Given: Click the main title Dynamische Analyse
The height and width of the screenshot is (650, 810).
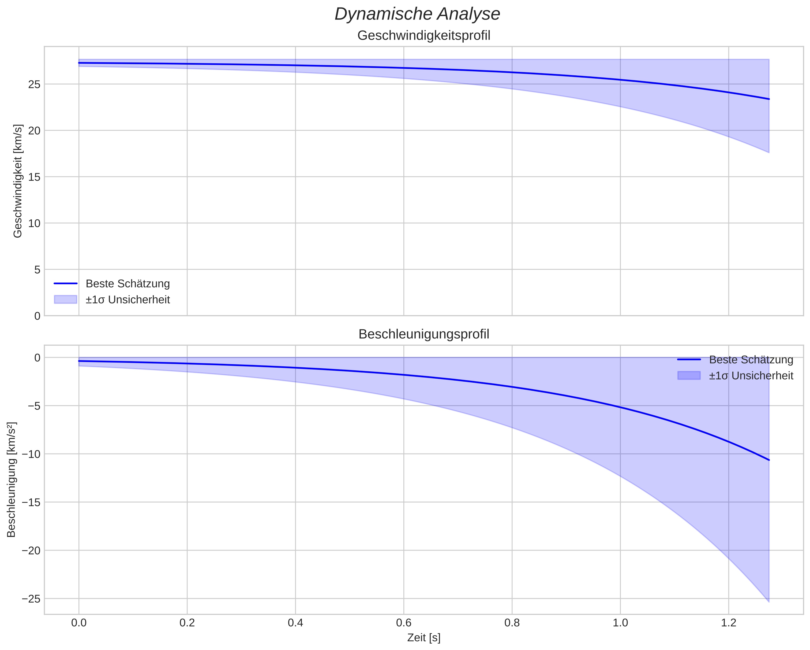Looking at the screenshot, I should pyautogui.click(x=417, y=14).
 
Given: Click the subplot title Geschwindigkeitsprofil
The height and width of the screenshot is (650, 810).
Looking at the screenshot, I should pyautogui.click(x=423, y=36).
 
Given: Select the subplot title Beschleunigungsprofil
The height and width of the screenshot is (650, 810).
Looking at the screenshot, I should pyautogui.click(x=423, y=334).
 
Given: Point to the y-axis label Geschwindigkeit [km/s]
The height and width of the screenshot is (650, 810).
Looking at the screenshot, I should pyautogui.click(x=18, y=181).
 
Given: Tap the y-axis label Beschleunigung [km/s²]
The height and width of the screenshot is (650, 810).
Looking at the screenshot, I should pyautogui.click(x=11, y=480).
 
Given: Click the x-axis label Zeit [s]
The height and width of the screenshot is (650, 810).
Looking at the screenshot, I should pyautogui.click(x=423, y=638).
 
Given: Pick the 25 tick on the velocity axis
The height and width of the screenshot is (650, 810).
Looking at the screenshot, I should pyautogui.click(x=34, y=84).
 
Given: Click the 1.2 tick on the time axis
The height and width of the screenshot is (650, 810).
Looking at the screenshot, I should pyautogui.click(x=729, y=623).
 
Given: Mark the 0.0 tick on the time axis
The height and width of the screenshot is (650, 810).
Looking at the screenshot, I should pyautogui.click(x=79, y=623).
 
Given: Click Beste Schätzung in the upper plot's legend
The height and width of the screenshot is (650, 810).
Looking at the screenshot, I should pyautogui.click(x=128, y=284).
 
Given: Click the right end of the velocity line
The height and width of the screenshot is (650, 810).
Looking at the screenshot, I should pyautogui.click(x=769, y=99).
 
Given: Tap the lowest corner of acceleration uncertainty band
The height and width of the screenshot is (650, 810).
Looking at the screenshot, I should pyautogui.click(x=769, y=601).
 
